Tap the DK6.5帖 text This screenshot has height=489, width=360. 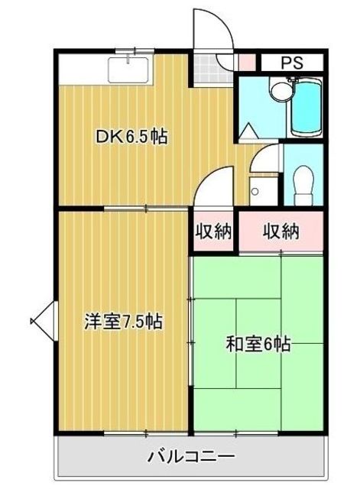(x=131, y=138)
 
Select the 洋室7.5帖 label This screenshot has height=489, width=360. (x=127, y=322)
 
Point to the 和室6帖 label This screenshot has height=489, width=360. (x=257, y=344)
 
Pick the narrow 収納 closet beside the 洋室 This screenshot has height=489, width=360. (x=212, y=231)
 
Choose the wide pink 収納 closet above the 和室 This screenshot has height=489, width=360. (x=281, y=231)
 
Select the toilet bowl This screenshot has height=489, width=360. (x=303, y=182)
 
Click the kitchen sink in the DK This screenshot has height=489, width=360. (x=131, y=70)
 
